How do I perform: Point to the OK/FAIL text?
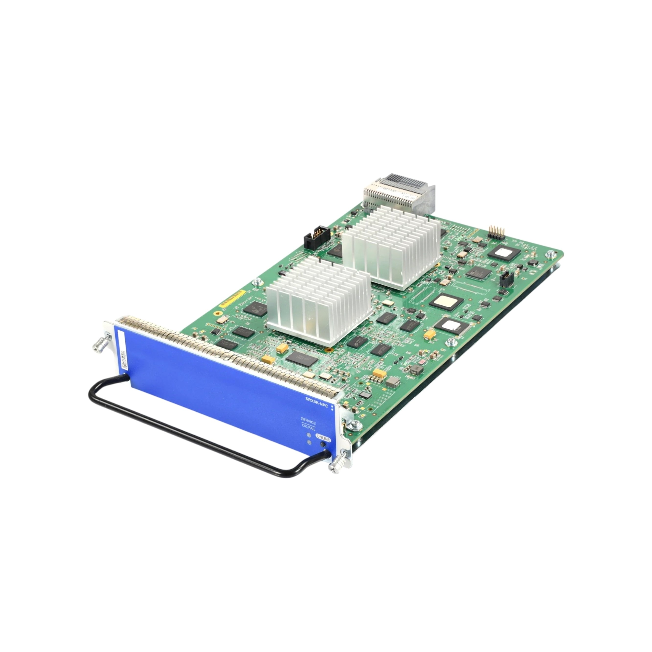(x=308, y=429)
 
